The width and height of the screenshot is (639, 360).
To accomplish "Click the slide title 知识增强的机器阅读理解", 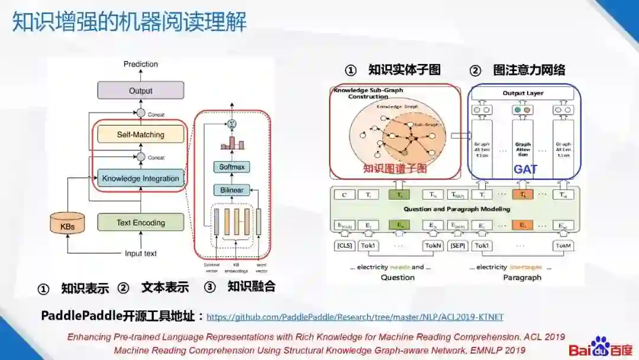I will click(x=130, y=22).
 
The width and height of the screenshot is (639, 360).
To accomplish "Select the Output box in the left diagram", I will click(x=140, y=91).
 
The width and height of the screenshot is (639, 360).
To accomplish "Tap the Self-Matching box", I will click(x=140, y=134).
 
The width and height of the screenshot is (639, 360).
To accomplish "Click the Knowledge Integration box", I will click(x=140, y=178).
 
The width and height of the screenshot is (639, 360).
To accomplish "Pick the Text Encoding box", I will click(x=140, y=223).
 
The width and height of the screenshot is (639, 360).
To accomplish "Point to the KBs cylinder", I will click(x=67, y=224).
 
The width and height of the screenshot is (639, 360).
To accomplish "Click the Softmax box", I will click(x=232, y=167).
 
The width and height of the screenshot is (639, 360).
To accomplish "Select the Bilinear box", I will click(x=232, y=190).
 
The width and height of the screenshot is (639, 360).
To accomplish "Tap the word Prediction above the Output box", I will click(x=141, y=64).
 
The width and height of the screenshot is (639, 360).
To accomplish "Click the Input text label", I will click(x=141, y=253).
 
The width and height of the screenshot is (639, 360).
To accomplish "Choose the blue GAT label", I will click(x=525, y=169).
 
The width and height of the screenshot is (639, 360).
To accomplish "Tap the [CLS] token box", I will click(x=344, y=245).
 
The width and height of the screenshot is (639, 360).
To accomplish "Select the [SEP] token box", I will click(x=459, y=245).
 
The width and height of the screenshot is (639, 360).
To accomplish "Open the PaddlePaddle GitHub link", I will click(x=355, y=317).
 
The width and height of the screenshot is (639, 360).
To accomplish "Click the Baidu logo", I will click(x=601, y=348).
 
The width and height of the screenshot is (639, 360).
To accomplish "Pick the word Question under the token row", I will click(x=398, y=277).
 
